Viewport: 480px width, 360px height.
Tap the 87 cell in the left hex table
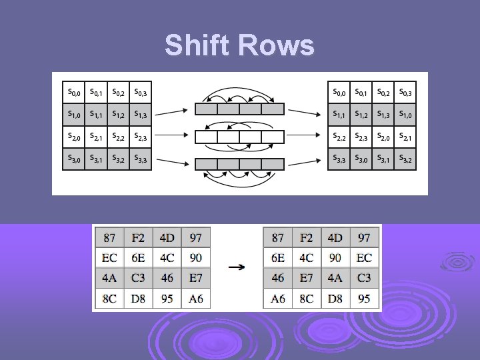coord(109,237)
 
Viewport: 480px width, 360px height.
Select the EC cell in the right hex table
coord(364,257)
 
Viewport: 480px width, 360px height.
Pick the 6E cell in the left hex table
coord(139,257)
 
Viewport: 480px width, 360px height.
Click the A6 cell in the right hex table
coord(277,299)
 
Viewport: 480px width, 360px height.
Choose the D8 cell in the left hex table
coord(139,299)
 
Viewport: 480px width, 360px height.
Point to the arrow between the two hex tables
coord(236,267)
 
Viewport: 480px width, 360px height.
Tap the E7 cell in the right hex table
coord(307,278)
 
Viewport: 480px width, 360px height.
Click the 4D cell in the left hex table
coord(167,237)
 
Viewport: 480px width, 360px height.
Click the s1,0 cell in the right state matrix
coord(405,115)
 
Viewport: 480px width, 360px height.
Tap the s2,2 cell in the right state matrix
coord(340,137)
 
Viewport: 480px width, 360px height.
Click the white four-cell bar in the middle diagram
coord(239,137)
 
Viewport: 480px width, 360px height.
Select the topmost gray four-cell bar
coord(239,109)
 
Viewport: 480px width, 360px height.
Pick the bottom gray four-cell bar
coord(239,164)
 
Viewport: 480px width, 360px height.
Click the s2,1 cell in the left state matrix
coord(96,137)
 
